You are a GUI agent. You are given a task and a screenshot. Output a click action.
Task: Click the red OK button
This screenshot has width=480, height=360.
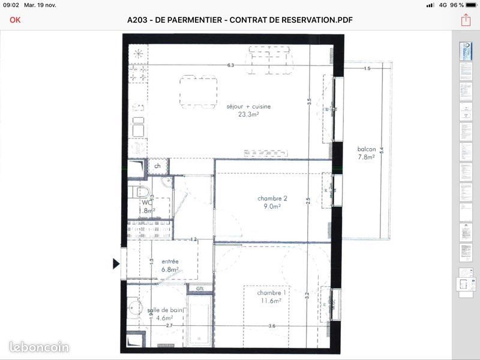(15, 20)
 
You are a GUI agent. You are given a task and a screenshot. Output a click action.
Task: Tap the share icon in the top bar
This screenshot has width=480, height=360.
(466, 20)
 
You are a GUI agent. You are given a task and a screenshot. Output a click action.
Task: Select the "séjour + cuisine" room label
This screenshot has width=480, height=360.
(248, 106)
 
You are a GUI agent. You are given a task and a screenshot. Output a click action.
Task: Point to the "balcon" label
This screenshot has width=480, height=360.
(366, 149)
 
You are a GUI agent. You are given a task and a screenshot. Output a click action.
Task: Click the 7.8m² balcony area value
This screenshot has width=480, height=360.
(366, 157)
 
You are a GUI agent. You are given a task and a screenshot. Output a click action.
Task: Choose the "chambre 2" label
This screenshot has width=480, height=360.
(273, 199)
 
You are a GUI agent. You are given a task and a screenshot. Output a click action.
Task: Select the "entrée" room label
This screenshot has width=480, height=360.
(170, 262)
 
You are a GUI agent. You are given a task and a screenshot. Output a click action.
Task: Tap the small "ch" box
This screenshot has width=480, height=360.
(158, 166)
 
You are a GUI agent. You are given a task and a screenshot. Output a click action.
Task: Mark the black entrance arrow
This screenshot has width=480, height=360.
(116, 263)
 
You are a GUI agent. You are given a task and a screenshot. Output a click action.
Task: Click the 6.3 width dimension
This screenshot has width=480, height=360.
(230, 65)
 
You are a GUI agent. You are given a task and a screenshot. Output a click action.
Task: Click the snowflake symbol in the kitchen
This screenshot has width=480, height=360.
(139, 53)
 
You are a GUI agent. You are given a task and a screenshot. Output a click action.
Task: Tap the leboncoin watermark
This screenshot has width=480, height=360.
(39, 347)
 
